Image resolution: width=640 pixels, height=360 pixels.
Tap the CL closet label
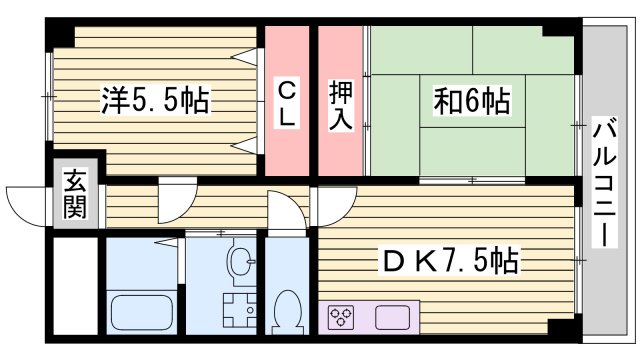click(x=287, y=101)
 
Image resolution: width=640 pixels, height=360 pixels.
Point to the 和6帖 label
click(x=472, y=100)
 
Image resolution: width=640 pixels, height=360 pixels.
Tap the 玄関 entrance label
click(x=75, y=195)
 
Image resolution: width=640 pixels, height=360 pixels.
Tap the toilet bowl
click(x=288, y=312)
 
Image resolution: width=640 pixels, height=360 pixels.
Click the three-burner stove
click(x=341, y=319)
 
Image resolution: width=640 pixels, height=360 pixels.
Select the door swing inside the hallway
click(x=175, y=197)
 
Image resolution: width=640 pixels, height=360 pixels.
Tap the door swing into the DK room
click(x=327, y=205)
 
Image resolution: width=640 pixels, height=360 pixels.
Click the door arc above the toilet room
click(x=288, y=212)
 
